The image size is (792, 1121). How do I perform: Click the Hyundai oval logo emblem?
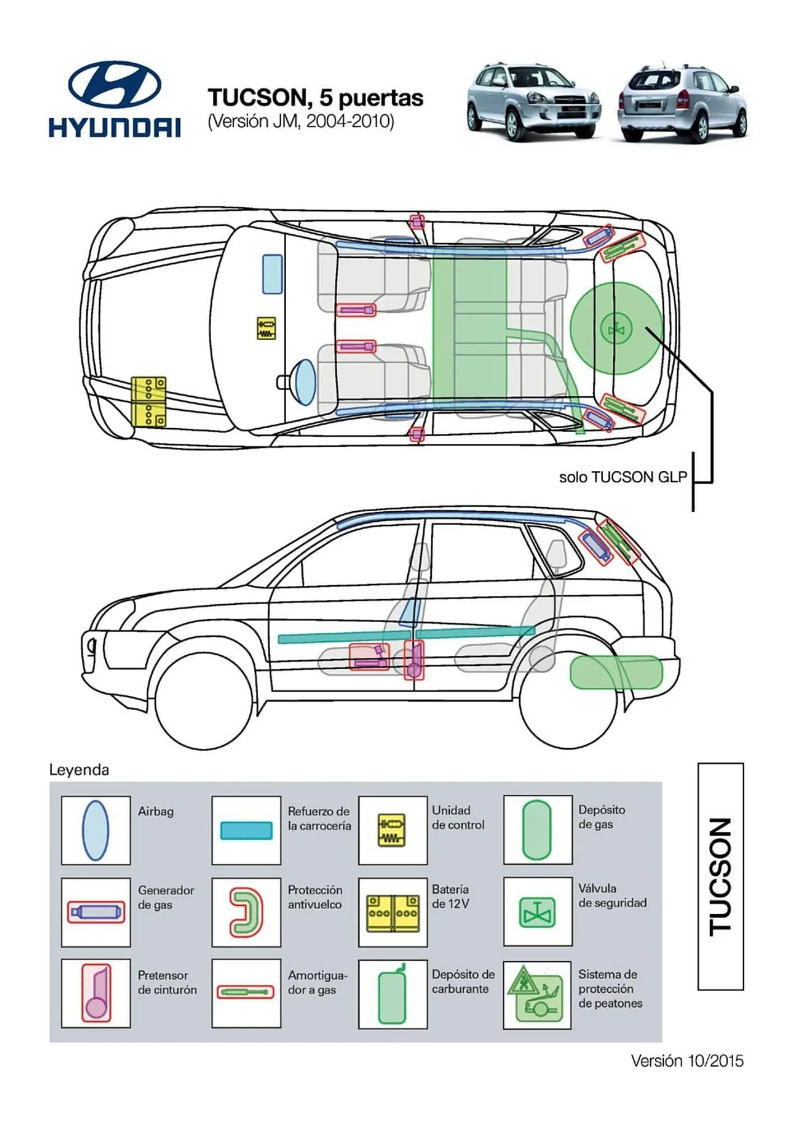point(114,85)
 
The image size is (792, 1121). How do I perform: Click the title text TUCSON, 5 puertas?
point(315,98)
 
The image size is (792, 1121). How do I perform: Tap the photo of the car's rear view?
point(682,103)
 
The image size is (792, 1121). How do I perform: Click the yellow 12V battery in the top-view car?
point(148,402)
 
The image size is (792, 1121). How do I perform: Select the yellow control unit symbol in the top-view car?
point(266,328)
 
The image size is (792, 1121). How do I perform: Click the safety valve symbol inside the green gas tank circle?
point(616,329)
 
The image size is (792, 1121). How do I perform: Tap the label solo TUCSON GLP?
point(622,477)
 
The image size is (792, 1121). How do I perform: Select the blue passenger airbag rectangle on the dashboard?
point(273,274)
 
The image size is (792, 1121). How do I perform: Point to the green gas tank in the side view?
point(616,672)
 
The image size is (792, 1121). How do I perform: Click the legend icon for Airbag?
point(96,830)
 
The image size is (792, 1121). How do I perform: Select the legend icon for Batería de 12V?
point(393,912)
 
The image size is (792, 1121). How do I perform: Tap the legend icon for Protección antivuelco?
point(246,912)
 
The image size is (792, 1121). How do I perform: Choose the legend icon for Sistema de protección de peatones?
point(537,995)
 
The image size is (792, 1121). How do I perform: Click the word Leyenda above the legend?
point(79,770)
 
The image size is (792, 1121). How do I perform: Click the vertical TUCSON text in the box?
point(720,877)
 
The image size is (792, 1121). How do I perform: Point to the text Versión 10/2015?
point(687,1060)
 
